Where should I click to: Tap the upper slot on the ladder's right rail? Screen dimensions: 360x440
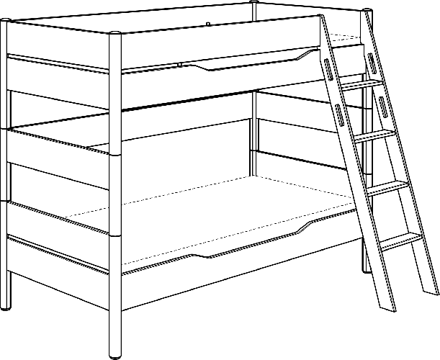pyautogui.click(x=370, y=62)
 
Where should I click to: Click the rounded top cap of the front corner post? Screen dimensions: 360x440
pyautogui.click(x=116, y=34)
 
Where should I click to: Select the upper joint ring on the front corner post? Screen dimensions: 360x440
pyautogui.click(x=116, y=153)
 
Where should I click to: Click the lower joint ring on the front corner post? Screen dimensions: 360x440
pyautogui.click(x=116, y=235)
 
